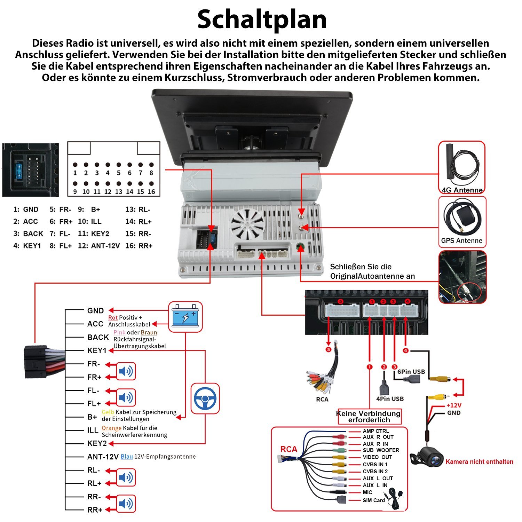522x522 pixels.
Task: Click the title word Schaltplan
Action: coord(262,19)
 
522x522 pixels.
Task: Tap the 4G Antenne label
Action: coord(462,190)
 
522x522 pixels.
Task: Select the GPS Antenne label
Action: coord(461,240)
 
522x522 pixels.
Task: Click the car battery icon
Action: coord(185,317)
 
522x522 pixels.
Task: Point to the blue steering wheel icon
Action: coord(205,398)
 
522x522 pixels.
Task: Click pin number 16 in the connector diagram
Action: coord(151,191)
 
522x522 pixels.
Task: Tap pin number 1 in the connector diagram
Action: coord(75,173)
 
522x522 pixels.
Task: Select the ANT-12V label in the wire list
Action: coord(103,457)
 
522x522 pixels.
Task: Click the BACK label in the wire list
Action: coord(98,337)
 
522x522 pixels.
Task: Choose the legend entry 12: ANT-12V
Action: coord(99,246)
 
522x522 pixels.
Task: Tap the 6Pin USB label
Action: coord(411,372)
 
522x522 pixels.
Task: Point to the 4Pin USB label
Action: coord(390,399)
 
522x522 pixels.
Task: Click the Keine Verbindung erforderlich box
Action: coord(369,417)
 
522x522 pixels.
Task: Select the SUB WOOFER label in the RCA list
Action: coord(381,450)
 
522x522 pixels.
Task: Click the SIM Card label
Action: coord(374,500)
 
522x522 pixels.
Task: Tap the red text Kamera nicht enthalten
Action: coord(479,462)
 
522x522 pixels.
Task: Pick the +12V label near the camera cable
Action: coord(454,405)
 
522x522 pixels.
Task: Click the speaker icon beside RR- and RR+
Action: coord(125,504)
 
